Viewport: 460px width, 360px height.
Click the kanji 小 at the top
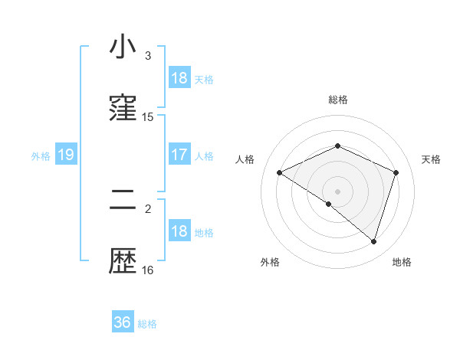pyautogui.click(x=123, y=47)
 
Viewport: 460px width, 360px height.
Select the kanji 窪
pyautogui.click(x=123, y=109)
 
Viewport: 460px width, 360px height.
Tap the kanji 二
pyautogui.click(x=123, y=201)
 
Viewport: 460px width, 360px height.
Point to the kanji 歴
pyautogui.click(x=123, y=262)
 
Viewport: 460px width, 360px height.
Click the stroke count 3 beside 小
pyautogui.click(x=148, y=56)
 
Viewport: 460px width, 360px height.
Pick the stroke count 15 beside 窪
pyautogui.click(x=148, y=117)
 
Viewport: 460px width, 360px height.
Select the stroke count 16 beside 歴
pyautogui.click(x=148, y=270)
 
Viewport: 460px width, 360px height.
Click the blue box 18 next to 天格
pyautogui.click(x=179, y=78)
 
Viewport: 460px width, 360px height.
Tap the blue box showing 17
pyautogui.click(x=179, y=155)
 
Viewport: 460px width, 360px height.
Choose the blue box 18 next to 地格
pyautogui.click(x=179, y=231)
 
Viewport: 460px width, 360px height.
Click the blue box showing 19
pyautogui.click(x=66, y=155)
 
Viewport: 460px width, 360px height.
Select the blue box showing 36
pyautogui.click(x=123, y=322)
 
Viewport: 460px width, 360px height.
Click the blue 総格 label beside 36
pyautogui.click(x=148, y=324)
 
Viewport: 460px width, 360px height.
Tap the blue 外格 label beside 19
pyautogui.click(x=41, y=156)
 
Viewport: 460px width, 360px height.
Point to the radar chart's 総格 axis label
pyautogui.click(x=338, y=100)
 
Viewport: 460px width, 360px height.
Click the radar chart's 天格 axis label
pyautogui.click(x=432, y=159)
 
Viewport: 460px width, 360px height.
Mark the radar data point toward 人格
pyautogui.click(x=280, y=173)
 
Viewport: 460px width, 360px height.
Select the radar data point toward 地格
pyautogui.click(x=373, y=241)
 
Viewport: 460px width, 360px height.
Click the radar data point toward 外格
pyautogui.click(x=329, y=204)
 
